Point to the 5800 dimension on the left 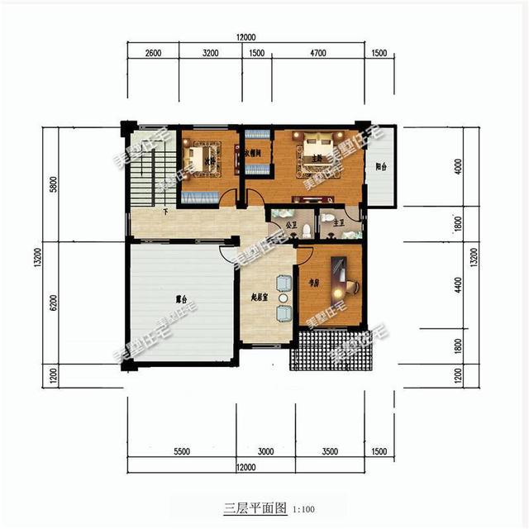click(55, 186)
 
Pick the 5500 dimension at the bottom click(182, 452)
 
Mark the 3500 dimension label click(330, 452)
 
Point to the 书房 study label click(313, 282)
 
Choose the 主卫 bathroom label click(327, 223)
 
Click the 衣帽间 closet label click(253, 153)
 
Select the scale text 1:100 click(303, 508)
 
